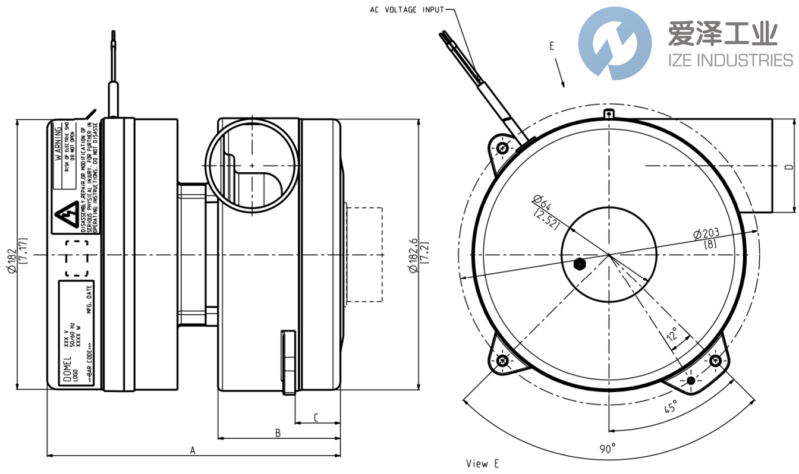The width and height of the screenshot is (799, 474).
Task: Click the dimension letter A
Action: pyautogui.click(x=192, y=450)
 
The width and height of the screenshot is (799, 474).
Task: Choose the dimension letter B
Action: pyautogui.click(x=277, y=432)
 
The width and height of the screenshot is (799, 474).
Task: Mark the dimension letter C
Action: pyautogui.click(x=316, y=418)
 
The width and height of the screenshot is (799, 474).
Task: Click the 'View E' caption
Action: pyautogui.click(x=482, y=463)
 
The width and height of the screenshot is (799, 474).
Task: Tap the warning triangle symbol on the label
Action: pyautogui.click(x=65, y=220)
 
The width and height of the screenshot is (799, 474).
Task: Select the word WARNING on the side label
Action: pyautogui.click(x=58, y=147)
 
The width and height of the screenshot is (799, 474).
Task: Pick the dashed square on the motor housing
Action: pyautogui.click(x=76, y=258)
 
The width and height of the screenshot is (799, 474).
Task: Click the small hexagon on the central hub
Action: pyautogui.click(x=580, y=264)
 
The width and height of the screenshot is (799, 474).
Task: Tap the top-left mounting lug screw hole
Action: pyautogui.click(x=504, y=148)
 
